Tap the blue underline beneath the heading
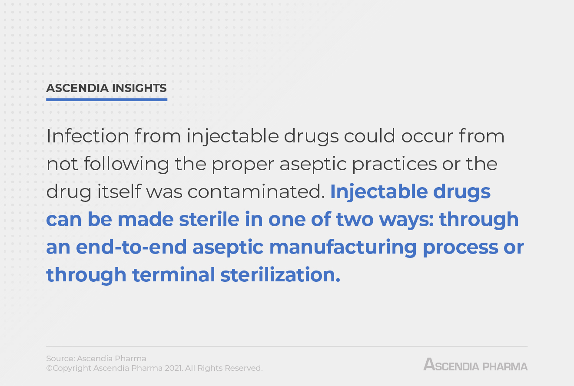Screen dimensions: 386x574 coord(106,99)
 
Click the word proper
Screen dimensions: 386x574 coord(245,164)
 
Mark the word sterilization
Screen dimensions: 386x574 coord(280,275)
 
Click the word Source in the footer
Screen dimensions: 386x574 coord(60,359)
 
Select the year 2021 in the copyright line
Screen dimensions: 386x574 coord(174,368)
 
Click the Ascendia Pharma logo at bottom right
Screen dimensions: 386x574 coord(475,365)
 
